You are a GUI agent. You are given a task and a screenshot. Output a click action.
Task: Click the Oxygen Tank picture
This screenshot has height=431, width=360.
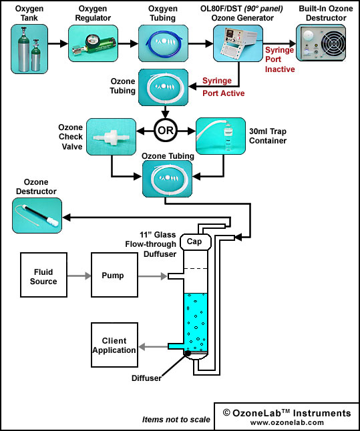(x=29, y=49)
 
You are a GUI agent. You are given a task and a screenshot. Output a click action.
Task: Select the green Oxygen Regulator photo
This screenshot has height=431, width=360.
(x=93, y=43)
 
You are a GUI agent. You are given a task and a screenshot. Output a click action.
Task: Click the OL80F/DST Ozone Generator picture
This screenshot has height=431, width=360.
(x=238, y=43)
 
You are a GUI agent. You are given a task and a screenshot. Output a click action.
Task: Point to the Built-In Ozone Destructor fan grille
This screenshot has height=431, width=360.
(x=333, y=43)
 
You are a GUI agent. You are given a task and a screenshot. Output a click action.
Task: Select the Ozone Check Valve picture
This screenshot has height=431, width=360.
(x=111, y=137)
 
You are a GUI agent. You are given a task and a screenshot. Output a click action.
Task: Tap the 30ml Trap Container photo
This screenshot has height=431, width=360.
(x=220, y=136)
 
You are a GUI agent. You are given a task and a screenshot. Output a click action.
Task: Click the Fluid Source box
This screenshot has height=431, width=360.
(x=43, y=275)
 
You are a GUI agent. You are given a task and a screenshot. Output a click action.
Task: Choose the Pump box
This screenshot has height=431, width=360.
(x=114, y=275)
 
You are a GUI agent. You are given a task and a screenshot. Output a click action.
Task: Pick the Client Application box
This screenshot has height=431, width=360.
(x=114, y=345)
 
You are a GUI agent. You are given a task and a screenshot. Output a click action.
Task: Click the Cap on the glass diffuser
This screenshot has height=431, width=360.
(x=196, y=242)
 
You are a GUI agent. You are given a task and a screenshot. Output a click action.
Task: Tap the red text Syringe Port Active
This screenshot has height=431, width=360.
(x=224, y=87)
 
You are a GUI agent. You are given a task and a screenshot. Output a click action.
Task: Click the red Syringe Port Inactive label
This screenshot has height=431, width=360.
(x=280, y=59)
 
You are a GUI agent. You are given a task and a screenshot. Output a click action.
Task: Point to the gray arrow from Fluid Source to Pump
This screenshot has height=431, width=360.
(x=79, y=276)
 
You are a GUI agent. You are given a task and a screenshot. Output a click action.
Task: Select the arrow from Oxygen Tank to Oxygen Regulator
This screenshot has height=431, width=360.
(x=58, y=43)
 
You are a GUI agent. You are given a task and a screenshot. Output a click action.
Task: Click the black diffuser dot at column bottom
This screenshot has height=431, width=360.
(x=187, y=353)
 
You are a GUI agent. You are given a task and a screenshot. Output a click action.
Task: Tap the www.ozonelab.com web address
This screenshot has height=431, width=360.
(x=287, y=422)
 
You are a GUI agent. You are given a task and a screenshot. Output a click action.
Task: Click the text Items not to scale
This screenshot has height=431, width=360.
(x=176, y=420)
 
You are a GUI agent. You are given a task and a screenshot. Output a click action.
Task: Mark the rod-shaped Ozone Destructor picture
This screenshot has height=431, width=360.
(x=37, y=215)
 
